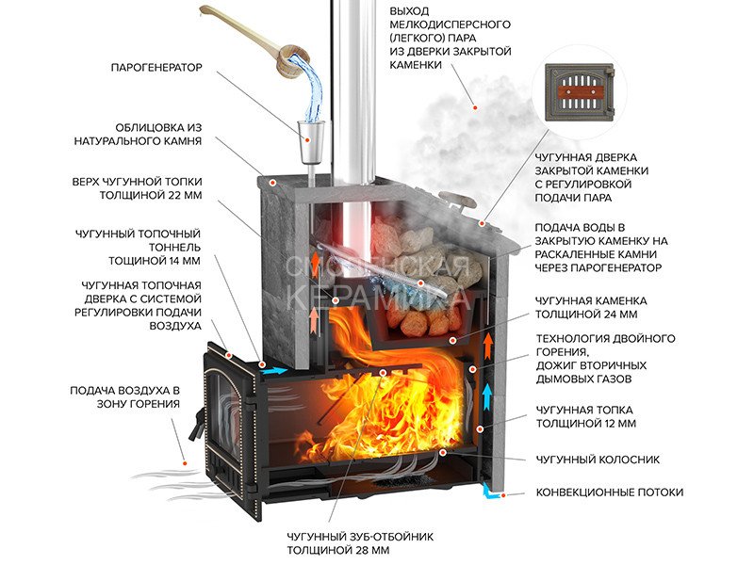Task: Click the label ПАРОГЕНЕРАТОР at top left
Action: click(x=156, y=68)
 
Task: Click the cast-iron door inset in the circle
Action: click(x=580, y=92)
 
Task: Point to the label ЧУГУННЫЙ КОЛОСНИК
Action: click(x=598, y=460)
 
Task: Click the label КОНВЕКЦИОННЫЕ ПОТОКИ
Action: click(x=609, y=492)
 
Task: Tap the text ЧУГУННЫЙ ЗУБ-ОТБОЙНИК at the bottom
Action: click(x=360, y=536)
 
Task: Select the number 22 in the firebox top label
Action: click(x=169, y=196)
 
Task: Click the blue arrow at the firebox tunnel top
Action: click(x=273, y=371)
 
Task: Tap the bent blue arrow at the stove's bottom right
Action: click(x=490, y=491)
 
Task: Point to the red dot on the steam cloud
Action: click(x=475, y=107)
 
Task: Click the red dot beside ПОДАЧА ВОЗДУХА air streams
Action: click(x=184, y=463)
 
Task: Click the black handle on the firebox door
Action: click(x=196, y=426)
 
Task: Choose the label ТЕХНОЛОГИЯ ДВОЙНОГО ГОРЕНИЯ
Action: click(x=606, y=345)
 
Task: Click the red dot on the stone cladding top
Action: click(x=272, y=183)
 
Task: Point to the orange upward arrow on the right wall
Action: click(x=487, y=345)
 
